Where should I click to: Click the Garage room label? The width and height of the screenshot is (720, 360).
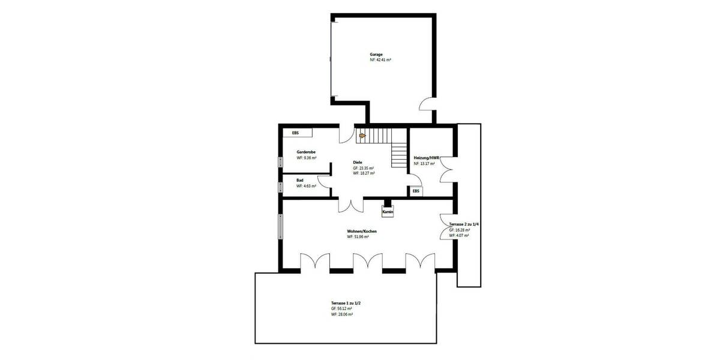click(376, 54)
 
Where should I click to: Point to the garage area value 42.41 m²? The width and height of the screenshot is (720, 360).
click(380, 60)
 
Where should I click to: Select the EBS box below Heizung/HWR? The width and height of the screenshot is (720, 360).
click(416, 191)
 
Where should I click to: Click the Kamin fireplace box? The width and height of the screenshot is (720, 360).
click(388, 212)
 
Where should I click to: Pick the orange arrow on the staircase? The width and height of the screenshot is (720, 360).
click(362, 136)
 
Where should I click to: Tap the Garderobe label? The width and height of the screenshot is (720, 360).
click(307, 152)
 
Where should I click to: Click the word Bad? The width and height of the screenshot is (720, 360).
click(299, 180)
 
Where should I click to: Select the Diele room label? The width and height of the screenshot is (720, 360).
click(358, 162)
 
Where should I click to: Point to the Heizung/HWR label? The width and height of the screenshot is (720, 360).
click(427, 158)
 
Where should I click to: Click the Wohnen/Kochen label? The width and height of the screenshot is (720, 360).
click(362, 231)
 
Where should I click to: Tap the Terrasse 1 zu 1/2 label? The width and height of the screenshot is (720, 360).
click(346, 303)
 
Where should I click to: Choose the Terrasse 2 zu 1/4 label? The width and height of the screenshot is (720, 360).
click(464, 224)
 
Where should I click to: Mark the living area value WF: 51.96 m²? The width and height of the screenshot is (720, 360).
click(358, 237)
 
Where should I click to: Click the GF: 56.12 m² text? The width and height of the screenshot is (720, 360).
click(341, 309)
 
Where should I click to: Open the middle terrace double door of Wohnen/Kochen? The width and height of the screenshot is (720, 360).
click(368, 262)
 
